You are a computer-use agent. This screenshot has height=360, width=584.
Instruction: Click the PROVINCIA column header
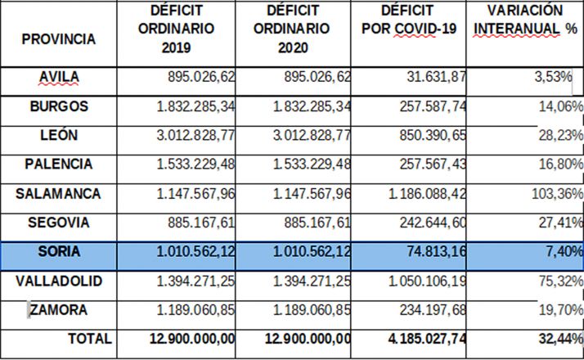tap(58, 38)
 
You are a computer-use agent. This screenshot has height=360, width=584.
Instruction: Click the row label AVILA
tap(58, 78)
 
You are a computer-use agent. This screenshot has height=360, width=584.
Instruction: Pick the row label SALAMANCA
tap(58, 195)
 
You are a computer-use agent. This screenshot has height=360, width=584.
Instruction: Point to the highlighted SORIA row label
tap(58, 252)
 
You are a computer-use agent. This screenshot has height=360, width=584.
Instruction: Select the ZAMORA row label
tap(58, 311)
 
